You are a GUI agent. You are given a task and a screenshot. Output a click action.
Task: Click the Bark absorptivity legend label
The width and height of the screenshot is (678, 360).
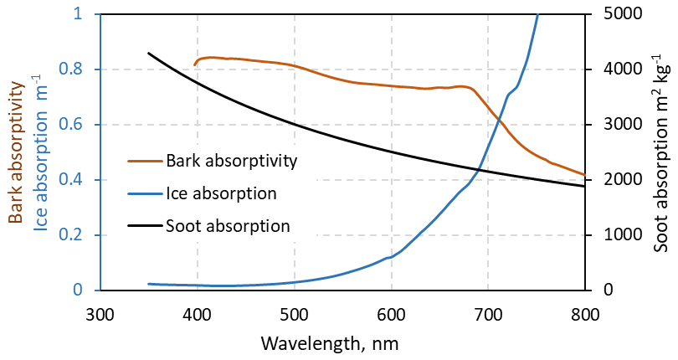coord(232,160)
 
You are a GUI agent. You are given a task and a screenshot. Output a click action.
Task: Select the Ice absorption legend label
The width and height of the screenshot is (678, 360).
coord(221,193)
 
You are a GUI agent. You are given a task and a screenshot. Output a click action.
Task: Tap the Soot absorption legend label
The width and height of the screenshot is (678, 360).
coord(228,225)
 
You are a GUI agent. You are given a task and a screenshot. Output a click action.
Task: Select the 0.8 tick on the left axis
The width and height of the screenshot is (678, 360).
coord(80,69)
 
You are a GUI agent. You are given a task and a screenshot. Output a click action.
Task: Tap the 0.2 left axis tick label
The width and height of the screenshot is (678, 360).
coord(80,235)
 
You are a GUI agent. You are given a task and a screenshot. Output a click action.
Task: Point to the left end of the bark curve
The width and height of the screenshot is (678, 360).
coord(195,64)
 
